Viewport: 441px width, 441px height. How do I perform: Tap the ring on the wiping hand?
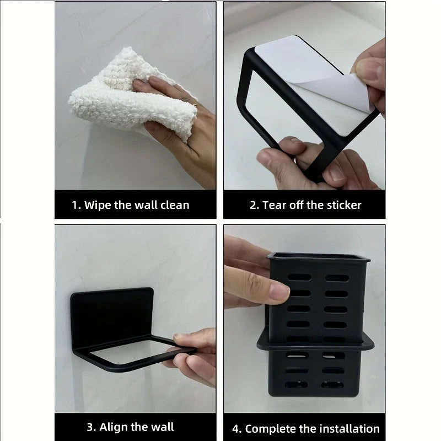(195, 103)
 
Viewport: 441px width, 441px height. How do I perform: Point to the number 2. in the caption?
(254, 205)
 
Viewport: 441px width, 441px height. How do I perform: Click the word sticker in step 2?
(342, 205)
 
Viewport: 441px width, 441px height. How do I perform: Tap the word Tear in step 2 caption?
(274, 205)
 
